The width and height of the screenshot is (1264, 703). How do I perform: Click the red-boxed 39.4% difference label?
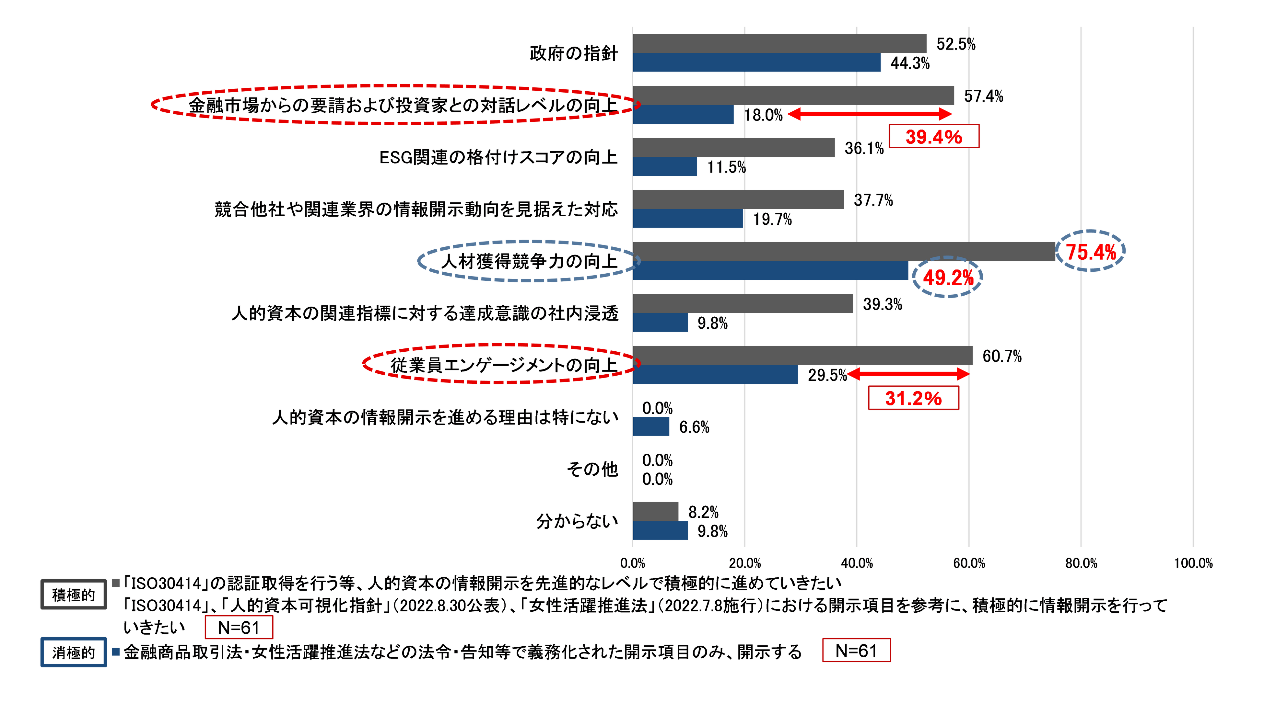click(x=933, y=136)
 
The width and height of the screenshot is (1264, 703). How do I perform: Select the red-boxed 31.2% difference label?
click(x=913, y=398)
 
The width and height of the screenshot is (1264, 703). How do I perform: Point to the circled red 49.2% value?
click(x=947, y=278)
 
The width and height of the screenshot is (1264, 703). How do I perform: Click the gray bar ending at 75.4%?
click(x=844, y=251)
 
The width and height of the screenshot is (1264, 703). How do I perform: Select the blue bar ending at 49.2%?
click(x=770, y=271)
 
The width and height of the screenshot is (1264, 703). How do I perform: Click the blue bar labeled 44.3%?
click(x=757, y=63)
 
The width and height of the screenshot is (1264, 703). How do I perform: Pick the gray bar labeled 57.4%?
click(x=793, y=95)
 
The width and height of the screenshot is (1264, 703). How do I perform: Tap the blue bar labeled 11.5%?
click(x=665, y=167)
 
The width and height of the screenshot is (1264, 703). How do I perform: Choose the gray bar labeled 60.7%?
click(x=803, y=356)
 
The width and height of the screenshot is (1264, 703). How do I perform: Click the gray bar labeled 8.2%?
click(x=656, y=511)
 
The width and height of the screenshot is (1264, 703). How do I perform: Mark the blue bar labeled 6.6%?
click(x=651, y=426)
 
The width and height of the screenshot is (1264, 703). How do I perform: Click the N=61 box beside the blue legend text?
click(x=856, y=651)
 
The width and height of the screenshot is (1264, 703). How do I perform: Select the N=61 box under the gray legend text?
click(x=239, y=628)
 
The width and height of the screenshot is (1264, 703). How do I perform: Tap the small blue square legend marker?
click(x=116, y=652)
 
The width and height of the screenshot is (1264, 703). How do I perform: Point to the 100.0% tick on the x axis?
click(x=1193, y=563)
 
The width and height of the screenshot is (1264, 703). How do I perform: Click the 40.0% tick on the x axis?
click(x=857, y=563)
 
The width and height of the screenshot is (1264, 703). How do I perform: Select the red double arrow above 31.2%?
click(x=908, y=375)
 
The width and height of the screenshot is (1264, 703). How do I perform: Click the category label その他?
click(x=593, y=469)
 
